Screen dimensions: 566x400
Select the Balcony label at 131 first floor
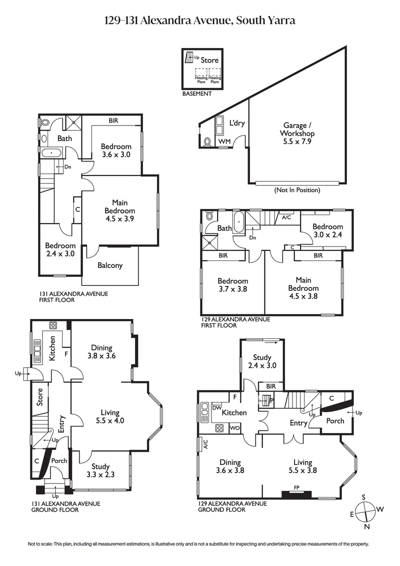110,265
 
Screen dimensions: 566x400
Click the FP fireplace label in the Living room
296,486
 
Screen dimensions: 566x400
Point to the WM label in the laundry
224,142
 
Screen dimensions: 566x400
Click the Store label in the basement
209,60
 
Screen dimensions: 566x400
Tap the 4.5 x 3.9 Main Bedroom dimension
119,218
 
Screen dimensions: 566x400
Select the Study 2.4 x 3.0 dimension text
261,365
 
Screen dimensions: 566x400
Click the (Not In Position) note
296,190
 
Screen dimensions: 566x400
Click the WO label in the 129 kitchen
235,428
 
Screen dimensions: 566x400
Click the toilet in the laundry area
207,142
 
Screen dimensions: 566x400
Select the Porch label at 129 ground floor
335,420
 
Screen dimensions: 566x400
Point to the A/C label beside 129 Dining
204,444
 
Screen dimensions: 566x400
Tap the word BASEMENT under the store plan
197,93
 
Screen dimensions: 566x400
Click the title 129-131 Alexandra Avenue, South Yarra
200,20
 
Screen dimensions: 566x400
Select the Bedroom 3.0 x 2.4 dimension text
328,234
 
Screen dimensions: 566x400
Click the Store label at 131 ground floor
40,400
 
